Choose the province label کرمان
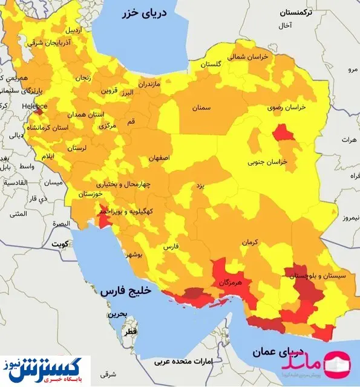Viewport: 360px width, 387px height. (249, 242)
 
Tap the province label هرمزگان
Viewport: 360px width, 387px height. (230, 282)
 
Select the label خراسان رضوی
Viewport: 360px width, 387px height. (287, 107)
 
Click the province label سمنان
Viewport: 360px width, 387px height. (202, 107)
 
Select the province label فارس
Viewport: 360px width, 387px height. (172, 247)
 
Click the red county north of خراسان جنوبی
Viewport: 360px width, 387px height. (282, 132)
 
